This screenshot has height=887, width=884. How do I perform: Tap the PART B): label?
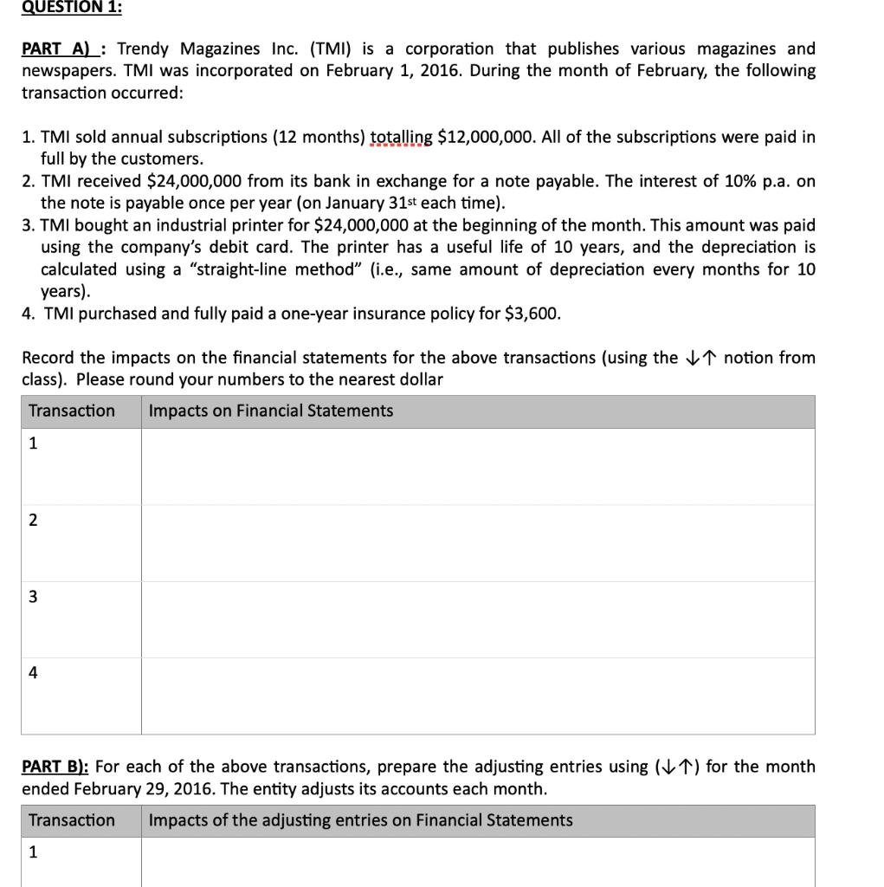pyautogui.click(x=55, y=767)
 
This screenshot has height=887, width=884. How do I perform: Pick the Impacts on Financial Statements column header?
pyautogui.click(x=270, y=411)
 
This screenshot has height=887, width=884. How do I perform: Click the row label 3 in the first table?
pyautogui.click(x=33, y=596)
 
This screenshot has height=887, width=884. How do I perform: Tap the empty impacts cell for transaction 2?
pyautogui.click(x=478, y=543)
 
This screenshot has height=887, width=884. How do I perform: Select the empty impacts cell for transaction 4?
pyautogui.click(x=478, y=696)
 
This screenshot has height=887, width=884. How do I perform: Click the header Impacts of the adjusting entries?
pyautogui.click(x=360, y=820)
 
